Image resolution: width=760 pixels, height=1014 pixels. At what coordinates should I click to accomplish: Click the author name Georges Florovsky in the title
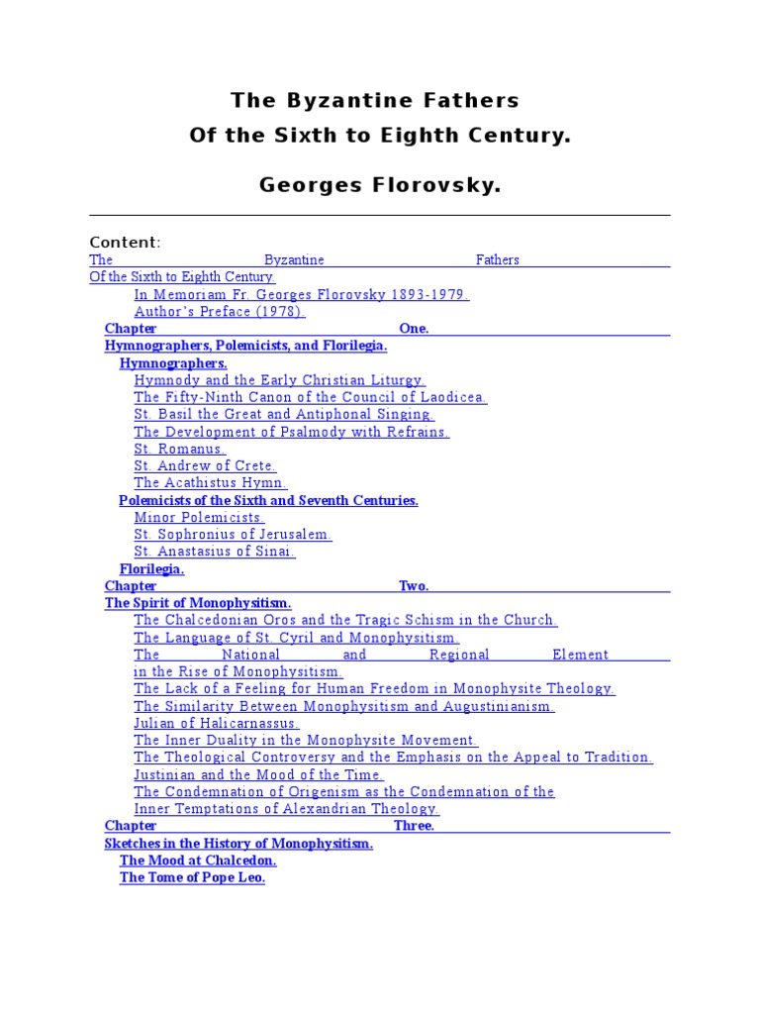pos(380,185)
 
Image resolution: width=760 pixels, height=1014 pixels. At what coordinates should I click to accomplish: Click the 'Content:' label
pos(125,243)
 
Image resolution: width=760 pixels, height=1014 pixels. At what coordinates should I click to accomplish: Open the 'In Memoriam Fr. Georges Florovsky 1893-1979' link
pos(301,294)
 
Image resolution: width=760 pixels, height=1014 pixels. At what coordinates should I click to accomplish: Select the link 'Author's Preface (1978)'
pos(220,312)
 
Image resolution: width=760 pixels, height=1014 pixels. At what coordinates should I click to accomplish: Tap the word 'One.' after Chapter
pos(414,329)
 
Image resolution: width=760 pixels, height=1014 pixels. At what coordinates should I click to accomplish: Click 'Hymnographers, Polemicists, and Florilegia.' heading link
pos(245,346)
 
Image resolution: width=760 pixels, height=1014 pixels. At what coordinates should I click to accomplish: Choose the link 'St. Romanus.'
pos(180,449)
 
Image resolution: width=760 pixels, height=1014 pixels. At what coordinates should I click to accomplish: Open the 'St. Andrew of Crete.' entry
pos(205,465)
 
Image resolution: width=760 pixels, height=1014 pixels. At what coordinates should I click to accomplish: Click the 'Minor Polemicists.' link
pos(199,518)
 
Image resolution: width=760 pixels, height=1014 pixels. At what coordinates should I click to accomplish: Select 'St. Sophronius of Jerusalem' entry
pos(233,535)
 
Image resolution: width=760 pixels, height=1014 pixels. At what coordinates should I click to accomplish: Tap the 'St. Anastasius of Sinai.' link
pos(215,552)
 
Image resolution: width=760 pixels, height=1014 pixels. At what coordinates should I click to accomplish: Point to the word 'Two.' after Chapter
pos(414,586)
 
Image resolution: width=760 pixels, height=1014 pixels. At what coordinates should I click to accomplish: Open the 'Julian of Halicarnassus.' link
pos(217,723)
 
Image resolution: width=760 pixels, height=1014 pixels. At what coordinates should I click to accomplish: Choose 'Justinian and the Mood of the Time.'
pos(259,774)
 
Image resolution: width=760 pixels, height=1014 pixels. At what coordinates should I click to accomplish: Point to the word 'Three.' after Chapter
pos(414,826)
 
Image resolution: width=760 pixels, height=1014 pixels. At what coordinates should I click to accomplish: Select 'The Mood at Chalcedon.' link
pos(198,861)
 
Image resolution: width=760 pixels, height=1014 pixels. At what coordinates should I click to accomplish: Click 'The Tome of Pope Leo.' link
pos(192,878)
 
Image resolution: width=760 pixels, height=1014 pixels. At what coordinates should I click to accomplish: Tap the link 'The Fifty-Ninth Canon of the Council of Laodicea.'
pos(310,397)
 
